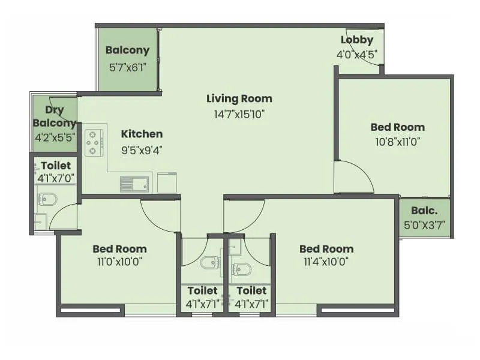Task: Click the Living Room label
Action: pos(239,98)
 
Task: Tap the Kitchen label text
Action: pos(142,134)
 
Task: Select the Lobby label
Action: pos(357,40)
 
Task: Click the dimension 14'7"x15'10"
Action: pos(239,113)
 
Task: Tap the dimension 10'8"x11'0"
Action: pos(397,142)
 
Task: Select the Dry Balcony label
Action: pos(55,116)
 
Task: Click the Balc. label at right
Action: pos(424,211)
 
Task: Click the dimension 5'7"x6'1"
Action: pos(127,67)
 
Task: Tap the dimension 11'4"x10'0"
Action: pos(326,262)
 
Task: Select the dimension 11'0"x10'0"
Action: pos(119,262)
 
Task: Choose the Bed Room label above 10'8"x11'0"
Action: pos(397,127)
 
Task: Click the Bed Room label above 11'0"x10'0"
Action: pos(119,248)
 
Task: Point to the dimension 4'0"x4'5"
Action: pos(357,54)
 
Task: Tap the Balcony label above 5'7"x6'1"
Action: pos(127,50)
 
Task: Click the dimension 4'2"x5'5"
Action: pos(55,137)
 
